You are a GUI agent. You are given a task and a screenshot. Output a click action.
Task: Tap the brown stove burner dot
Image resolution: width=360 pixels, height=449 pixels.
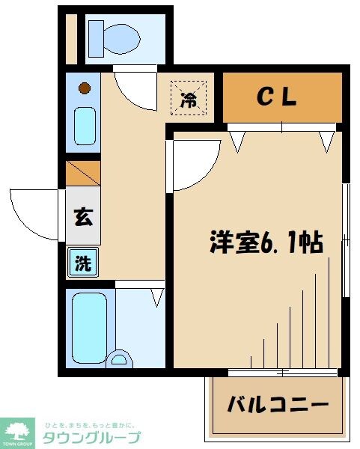click(x=85, y=88)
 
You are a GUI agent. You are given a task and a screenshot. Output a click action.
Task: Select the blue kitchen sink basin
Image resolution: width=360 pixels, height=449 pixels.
click(x=85, y=125)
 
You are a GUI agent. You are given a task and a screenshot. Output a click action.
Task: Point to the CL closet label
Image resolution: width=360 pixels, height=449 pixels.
click(x=278, y=97)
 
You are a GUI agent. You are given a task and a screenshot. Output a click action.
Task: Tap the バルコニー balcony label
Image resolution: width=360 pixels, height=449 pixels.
click(x=278, y=405)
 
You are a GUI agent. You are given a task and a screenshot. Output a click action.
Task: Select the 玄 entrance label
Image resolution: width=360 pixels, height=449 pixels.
click(x=83, y=219)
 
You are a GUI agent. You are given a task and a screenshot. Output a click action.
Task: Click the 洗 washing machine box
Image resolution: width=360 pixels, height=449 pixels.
click(x=83, y=263)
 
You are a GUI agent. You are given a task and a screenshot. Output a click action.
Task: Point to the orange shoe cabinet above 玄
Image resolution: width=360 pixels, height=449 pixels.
click(x=83, y=174)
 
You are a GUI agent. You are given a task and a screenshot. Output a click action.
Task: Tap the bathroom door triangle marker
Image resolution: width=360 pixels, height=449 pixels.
click(x=157, y=297)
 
